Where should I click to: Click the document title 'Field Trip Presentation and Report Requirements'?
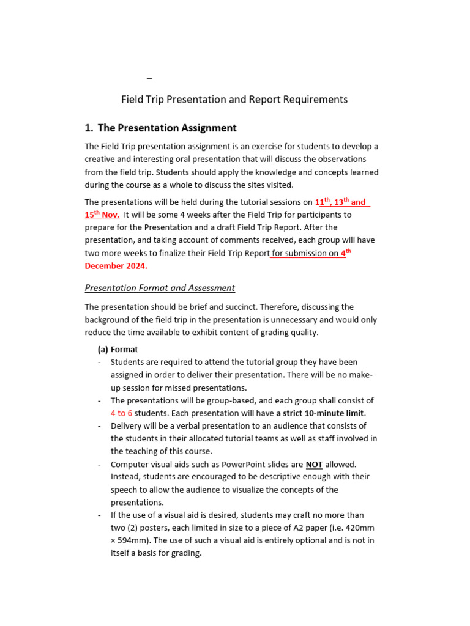(x=234, y=100)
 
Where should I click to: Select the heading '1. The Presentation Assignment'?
(x=160, y=128)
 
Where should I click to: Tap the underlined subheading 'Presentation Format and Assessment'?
(x=160, y=288)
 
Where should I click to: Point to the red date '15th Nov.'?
(x=102, y=215)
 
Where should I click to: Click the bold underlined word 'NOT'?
(x=314, y=465)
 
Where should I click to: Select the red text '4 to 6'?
(x=121, y=413)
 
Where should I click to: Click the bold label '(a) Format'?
(x=118, y=350)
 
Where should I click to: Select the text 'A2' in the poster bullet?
(x=307, y=528)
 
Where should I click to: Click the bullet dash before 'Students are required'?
(x=99, y=363)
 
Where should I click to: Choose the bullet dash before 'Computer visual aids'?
(x=99, y=465)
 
